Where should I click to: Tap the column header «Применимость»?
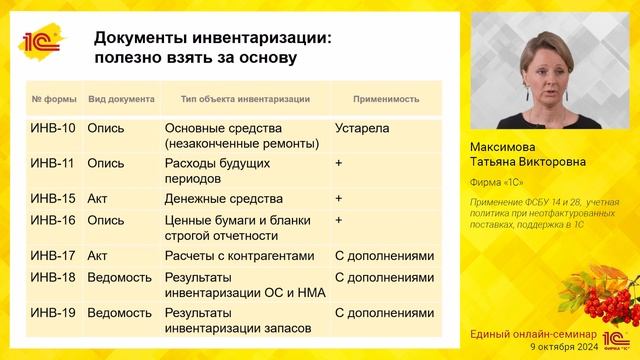(x=385, y=100)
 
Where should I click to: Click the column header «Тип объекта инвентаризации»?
(x=245, y=100)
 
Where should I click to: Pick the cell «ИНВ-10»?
(x=53, y=129)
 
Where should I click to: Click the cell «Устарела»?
(x=362, y=129)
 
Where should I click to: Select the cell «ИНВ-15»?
(x=53, y=198)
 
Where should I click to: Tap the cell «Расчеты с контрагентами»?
(x=245, y=255)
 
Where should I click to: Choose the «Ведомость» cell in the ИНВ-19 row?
(x=119, y=313)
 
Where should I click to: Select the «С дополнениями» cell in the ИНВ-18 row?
(x=385, y=278)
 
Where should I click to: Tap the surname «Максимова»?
(x=507, y=146)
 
